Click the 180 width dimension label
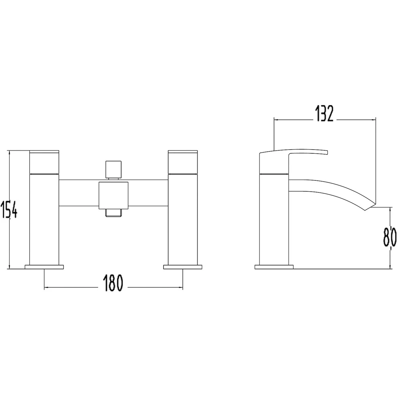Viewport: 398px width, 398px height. tap(113, 283)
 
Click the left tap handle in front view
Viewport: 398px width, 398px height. tap(44, 162)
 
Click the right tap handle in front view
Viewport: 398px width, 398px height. tap(183, 162)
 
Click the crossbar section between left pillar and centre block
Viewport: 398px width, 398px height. tap(79, 194)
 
